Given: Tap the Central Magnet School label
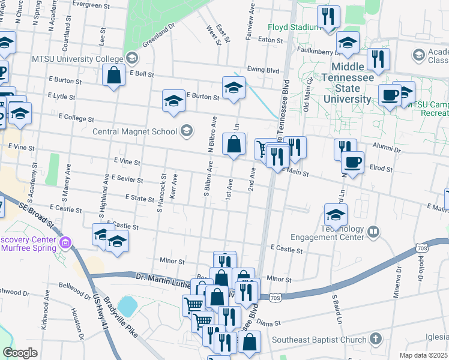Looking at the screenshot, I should click(134, 131).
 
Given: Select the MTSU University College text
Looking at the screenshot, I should click(80, 58).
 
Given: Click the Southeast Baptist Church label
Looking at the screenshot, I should click(319, 339).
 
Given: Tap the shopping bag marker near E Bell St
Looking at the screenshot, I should click(113, 76).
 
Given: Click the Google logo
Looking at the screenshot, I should click(20, 352).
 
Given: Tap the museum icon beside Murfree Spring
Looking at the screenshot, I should click(65, 244).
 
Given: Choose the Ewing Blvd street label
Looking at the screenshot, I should click(264, 70).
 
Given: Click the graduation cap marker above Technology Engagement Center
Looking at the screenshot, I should click(336, 214).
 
